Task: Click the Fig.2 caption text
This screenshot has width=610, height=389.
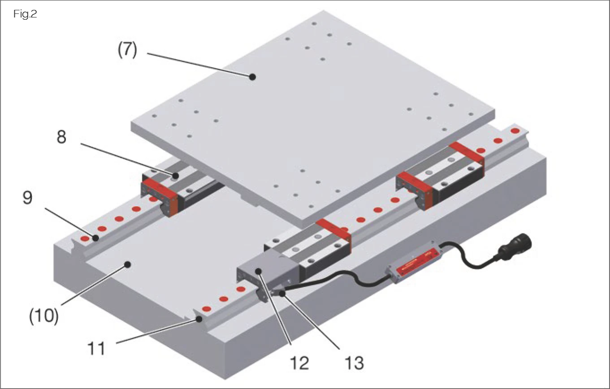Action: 25,14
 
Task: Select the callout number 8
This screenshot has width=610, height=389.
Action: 61,137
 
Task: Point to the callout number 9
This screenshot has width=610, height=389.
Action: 28,198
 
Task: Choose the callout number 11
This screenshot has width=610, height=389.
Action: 95,347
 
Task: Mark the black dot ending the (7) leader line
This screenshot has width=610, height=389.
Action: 252,77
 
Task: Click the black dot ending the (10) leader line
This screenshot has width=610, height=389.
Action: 128,265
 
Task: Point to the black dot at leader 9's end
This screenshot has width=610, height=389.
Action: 95,238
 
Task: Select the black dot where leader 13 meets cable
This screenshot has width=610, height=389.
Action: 282,294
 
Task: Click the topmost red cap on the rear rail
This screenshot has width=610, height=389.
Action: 515,131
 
